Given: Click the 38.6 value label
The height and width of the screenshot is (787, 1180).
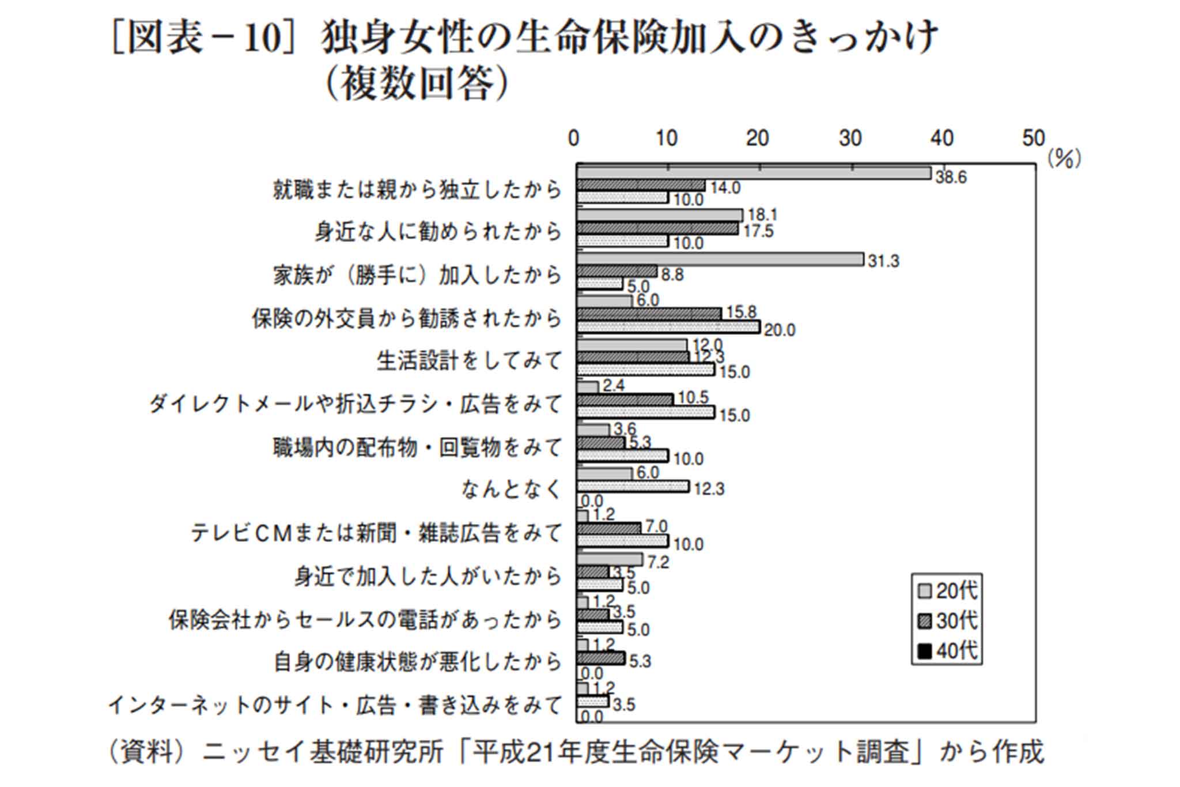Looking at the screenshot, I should (951, 178).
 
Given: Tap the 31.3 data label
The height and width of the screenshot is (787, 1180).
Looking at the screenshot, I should (883, 262).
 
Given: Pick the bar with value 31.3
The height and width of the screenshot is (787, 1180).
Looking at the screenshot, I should (720, 259).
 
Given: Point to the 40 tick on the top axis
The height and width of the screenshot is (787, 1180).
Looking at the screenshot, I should (942, 138).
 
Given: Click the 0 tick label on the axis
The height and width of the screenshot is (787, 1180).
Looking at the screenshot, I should (573, 138).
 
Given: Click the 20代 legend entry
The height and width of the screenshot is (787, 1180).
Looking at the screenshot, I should (948, 591).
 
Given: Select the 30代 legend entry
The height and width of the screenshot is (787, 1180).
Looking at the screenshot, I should (948, 621).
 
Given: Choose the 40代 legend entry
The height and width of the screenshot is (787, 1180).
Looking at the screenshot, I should (948, 651).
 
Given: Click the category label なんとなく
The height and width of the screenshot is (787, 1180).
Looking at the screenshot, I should (511, 489).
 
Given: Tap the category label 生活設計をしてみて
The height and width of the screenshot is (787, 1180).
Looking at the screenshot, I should (469, 361).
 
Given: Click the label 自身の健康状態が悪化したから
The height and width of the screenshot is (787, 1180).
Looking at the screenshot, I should (417, 662).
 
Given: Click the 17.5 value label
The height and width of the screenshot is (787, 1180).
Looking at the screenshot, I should (758, 231).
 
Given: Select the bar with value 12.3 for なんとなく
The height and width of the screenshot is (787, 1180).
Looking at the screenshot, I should (633, 487).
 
